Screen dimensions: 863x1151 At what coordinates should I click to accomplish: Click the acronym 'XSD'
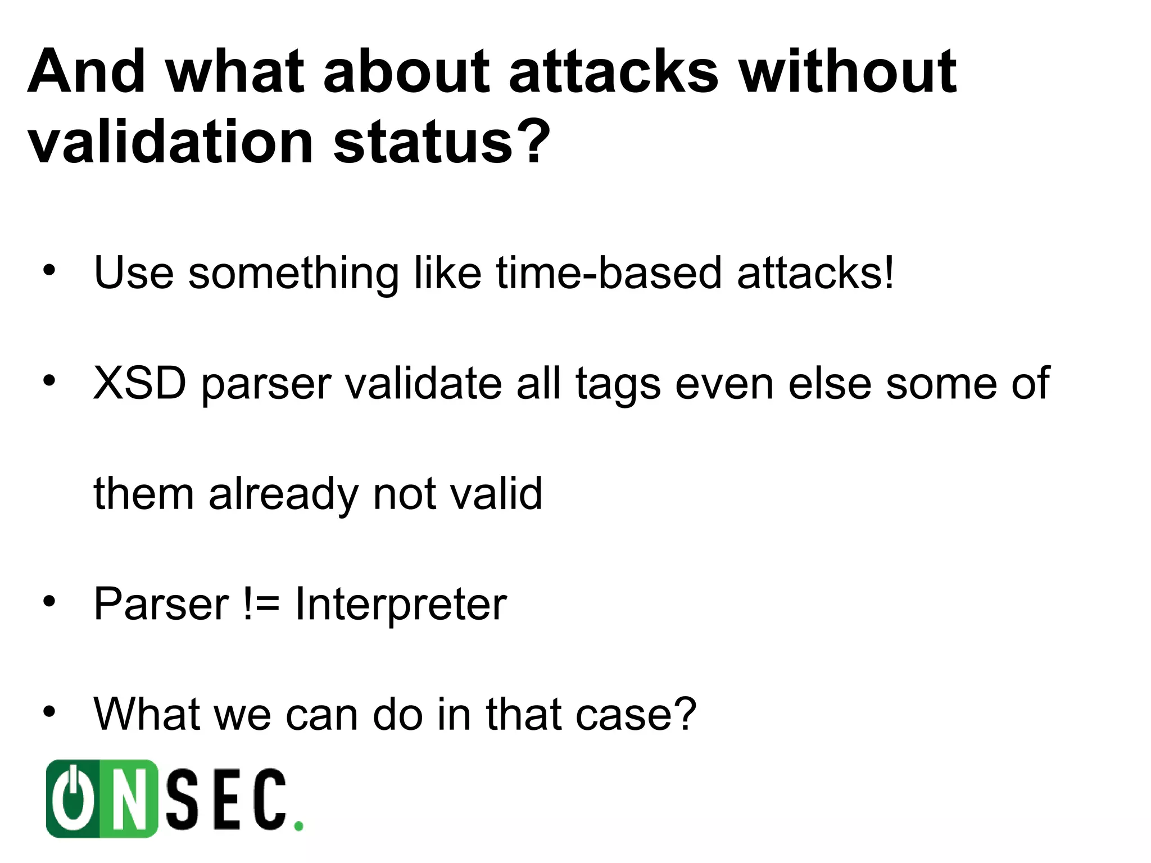click(x=139, y=383)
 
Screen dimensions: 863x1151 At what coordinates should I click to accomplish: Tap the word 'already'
click(x=283, y=494)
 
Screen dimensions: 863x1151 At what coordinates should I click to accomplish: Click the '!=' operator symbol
click(x=261, y=605)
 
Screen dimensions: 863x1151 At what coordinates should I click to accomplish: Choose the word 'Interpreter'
click(x=401, y=605)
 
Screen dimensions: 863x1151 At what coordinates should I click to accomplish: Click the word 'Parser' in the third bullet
click(x=161, y=605)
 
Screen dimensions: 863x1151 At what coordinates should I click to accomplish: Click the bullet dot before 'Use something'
click(x=49, y=271)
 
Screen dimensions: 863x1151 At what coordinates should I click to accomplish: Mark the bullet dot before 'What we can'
click(x=49, y=712)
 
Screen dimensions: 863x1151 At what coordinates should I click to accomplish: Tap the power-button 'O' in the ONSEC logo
click(x=73, y=798)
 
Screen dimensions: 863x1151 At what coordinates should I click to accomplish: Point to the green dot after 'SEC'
click(x=299, y=826)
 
